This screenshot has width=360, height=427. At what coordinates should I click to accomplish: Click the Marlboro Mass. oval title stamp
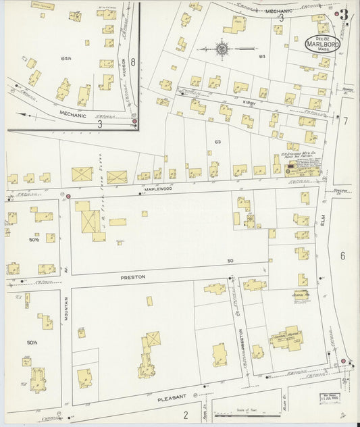coord(322,43)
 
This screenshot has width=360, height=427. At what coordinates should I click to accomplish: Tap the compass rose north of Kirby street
coord(223,49)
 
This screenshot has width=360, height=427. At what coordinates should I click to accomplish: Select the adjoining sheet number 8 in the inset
coord(133,63)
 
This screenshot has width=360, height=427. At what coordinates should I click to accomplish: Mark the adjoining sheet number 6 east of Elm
coord(342,255)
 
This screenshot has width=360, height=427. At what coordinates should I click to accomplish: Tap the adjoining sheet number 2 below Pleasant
coord(186,415)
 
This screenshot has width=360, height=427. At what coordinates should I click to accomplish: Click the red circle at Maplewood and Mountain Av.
coord(68,196)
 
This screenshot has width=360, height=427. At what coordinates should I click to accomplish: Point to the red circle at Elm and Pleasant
coord(343,361)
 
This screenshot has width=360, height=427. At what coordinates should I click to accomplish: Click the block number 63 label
coord(217,142)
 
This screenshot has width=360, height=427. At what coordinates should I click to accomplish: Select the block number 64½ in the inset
coord(66,59)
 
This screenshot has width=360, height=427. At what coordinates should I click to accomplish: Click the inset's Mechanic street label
coord(72,116)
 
